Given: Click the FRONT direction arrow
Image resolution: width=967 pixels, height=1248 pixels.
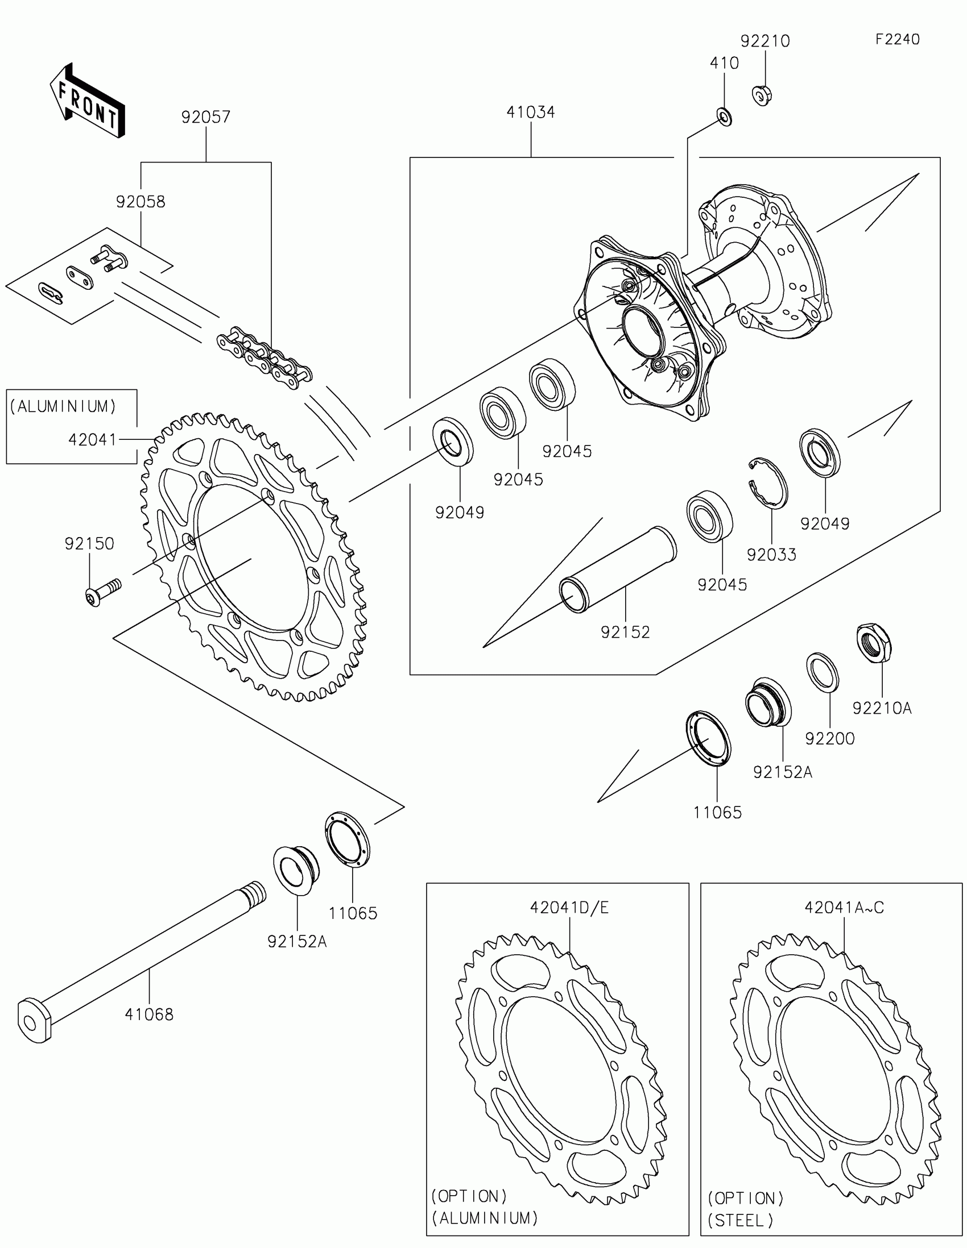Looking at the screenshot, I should [88, 101].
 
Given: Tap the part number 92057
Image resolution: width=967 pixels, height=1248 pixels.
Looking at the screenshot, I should [206, 117].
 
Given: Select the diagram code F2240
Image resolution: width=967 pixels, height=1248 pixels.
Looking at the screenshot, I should [897, 39].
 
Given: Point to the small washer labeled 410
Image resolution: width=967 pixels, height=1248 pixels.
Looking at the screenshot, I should [725, 118].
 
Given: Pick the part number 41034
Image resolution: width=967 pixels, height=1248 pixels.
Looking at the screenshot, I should [531, 113].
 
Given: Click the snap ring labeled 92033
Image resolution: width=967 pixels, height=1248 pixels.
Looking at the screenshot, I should [769, 483].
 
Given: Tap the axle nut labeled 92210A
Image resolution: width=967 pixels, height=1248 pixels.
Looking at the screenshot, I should [875, 643].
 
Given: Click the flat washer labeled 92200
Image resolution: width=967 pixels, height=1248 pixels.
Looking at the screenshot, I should [823, 672].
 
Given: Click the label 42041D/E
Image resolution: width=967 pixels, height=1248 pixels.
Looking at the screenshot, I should [569, 908].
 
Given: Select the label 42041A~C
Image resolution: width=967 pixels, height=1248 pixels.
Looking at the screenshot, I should [844, 908].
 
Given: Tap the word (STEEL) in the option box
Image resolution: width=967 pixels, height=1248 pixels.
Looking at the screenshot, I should [741, 1221].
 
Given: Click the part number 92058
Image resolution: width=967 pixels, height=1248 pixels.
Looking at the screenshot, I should [140, 202].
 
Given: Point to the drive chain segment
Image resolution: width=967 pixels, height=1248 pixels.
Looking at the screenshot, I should [264, 358].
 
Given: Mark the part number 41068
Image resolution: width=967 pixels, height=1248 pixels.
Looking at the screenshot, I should [149, 1015].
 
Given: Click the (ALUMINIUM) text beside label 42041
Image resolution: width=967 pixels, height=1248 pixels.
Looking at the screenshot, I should [64, 406].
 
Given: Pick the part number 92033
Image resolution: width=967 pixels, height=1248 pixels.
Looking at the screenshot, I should [771, 555].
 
